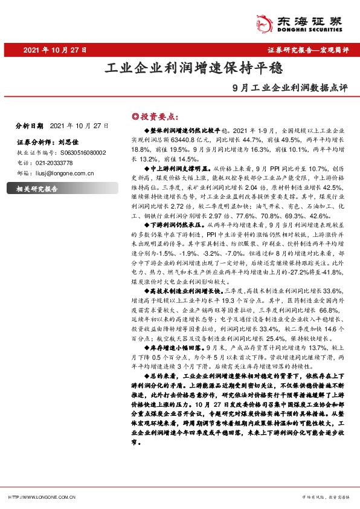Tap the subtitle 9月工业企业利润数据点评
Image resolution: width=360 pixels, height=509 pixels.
click(x=291, y=86)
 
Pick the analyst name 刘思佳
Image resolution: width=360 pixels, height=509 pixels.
click(x=70, y=143)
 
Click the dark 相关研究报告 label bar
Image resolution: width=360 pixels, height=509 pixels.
click(x=60, y=189)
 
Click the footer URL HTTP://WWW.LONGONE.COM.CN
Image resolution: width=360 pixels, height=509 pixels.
click(x=42, y=497)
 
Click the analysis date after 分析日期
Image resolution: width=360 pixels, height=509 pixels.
click(x=79, y=126)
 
